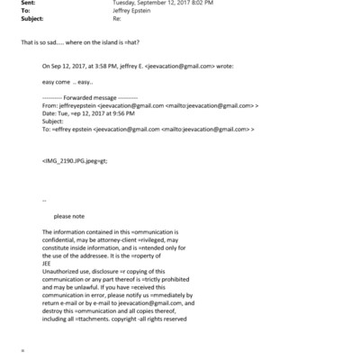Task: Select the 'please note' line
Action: (x=69, y=216)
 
